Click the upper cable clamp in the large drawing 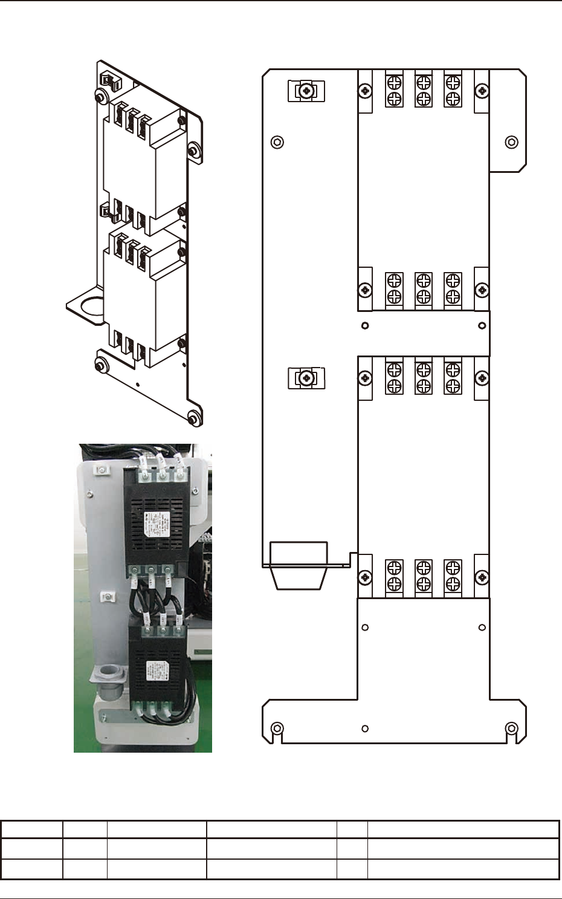[x=306, y=91]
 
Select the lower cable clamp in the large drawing [x=306, y=378]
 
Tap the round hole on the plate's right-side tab [x=511, y=142]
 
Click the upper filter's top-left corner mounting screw [x=365, y=91]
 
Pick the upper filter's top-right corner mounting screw [x=482, y=91]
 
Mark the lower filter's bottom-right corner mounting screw [x=482, y=577]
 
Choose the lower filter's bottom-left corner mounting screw [x=365, y=577]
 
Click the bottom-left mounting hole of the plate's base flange [x=277, y=728]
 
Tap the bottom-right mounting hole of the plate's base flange [x=511, y=728]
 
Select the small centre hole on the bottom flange [x=365, y=729]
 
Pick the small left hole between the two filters [x=365, y=326]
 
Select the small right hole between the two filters [x=482, y=326]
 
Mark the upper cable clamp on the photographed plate [x=102, y=470]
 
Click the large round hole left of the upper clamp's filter [x=277, y=142]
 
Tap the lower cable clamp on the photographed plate [x=107, y=597]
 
